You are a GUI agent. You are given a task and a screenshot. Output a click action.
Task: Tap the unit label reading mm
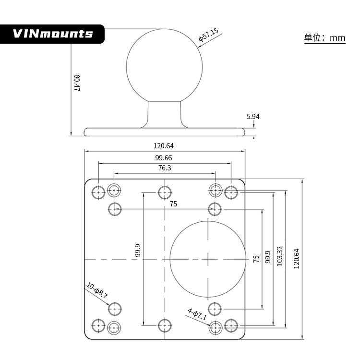pos(325,38)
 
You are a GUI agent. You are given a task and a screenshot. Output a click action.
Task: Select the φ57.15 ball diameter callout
pos(208,36)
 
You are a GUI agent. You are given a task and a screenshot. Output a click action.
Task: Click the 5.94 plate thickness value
pos(253,116)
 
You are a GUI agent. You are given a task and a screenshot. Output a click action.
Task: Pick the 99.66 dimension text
pos(163,157)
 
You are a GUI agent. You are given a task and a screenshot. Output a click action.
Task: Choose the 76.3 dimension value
pos(164,168)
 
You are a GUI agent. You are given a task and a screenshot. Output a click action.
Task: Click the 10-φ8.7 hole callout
pos(97,290)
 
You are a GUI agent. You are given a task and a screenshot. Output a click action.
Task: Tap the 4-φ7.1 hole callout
pos(197,314)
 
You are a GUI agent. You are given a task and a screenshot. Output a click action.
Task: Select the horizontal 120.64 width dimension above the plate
pos(163,146)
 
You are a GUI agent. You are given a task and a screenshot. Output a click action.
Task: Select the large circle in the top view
pos(208,259)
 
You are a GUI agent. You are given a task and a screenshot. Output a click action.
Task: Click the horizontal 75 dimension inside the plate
pos(173,204)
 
